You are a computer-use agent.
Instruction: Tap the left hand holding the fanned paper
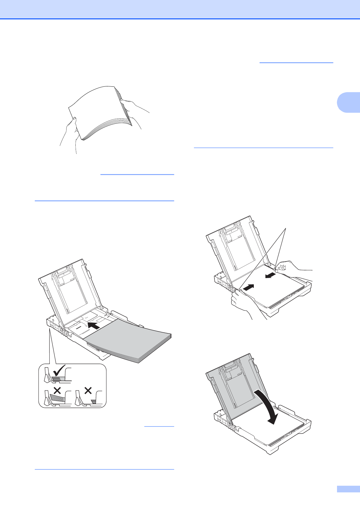pos(70,133)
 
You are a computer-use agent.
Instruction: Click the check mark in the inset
pos(58,371)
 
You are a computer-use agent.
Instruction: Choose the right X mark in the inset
pos(88,391)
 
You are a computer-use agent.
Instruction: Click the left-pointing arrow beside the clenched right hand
pos(271,275)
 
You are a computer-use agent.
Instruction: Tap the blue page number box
pos(348,489)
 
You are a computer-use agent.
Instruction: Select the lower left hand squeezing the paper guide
pos(242,302)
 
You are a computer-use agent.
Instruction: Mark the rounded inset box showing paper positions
pos(73,386)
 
